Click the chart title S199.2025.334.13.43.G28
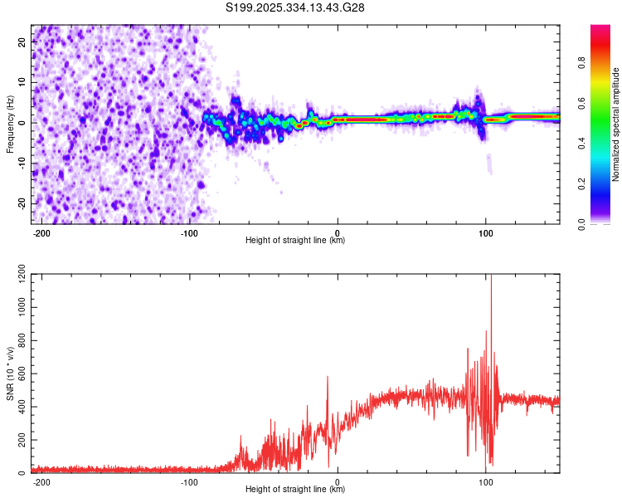pos(296,8)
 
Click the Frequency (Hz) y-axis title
pos(10,124)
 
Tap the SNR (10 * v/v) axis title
pos(10,373)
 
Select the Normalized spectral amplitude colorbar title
pos(616,124)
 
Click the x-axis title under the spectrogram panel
pos(295,241)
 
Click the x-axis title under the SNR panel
pos(295,490)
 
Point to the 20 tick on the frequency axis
pos(22,43)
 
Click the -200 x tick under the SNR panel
pos(41,481)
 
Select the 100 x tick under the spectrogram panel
pos(485,232)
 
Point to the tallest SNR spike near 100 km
pos(491,277)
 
